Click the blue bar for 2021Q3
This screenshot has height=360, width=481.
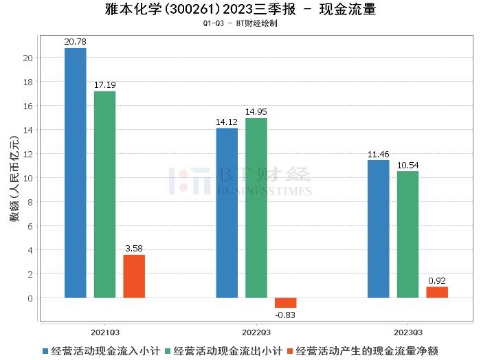pos(76,172)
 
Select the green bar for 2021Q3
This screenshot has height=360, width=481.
pos(105,194)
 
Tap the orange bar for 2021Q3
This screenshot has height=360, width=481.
pos(134,276)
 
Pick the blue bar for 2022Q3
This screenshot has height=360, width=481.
pos(227,213)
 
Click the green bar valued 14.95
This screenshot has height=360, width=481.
pos(256,207)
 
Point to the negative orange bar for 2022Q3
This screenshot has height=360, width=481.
pos(285,303)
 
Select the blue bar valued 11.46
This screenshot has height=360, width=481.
pos(378,229)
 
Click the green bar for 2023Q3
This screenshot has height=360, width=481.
pos(407,234)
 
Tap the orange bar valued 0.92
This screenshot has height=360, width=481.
pos(436,292)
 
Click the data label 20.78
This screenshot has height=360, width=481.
pos(76,42)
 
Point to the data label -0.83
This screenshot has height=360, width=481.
pos(285,315)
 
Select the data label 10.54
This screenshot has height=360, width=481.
pos(407,166)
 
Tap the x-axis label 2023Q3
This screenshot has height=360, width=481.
pos(407,330)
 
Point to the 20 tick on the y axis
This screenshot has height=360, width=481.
pos(28,58)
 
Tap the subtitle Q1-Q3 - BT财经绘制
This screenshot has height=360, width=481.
pos(240,23)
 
